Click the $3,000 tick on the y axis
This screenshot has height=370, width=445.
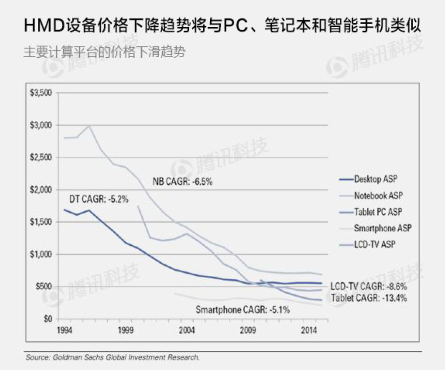42,125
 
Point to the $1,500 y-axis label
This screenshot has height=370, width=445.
42,222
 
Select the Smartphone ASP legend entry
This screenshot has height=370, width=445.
382,228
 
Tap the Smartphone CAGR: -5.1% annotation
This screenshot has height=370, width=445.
242,310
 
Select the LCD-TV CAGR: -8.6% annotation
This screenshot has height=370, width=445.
369,286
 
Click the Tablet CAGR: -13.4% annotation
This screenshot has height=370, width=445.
369,298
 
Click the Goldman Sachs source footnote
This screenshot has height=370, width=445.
112,358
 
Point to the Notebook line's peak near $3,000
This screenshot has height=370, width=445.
89,126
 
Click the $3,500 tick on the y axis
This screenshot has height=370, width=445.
42,93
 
